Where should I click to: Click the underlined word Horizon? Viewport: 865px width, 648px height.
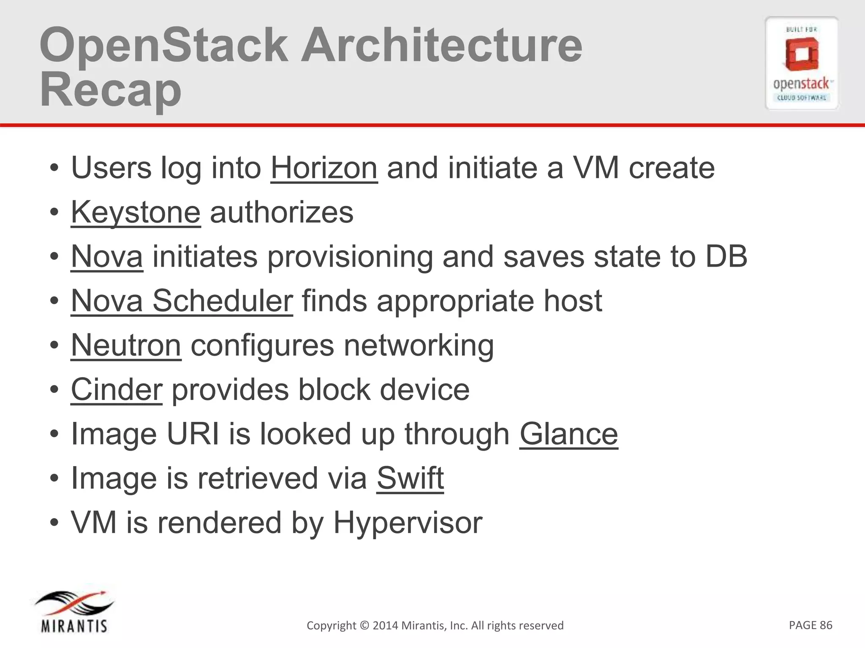(x=324, y=168)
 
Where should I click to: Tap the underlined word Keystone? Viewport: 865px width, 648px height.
(x=136, y=212)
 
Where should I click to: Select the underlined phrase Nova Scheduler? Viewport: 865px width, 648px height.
(x=182, y=301)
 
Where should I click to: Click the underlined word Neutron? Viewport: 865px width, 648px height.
(x=126, y=345)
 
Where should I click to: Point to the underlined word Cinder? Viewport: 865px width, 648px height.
(x=116, y=389)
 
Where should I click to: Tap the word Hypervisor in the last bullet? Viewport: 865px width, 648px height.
(x=408, y=523)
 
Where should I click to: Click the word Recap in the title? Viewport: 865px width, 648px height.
(x=110, y=90)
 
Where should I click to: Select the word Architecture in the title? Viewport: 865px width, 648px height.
(x=441, y=45)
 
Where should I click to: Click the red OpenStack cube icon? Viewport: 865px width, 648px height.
(x=801, y=55)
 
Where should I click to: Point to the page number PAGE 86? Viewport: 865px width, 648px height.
(x=810, y=625)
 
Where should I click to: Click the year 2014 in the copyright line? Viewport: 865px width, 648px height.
(x=385, y=626)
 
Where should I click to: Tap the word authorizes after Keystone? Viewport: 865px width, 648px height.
(x=281, y=212)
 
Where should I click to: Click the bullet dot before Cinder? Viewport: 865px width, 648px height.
(x=54, y=390)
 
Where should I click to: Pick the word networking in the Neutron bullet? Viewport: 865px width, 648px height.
(x=419, y=345)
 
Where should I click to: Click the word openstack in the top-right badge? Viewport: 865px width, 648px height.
(x=801, y=84)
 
